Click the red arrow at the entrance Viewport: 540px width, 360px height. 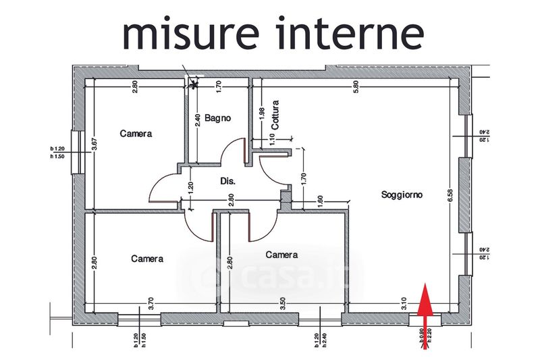[x=425, y=308]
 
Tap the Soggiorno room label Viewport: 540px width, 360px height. [x=402, y=195]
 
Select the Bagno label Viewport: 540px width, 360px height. [x=218, y=118]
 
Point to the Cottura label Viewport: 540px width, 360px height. [x=275, y=115]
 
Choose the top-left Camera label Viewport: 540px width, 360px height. [x=136, y=134]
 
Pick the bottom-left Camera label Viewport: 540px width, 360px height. [x=147, y=259]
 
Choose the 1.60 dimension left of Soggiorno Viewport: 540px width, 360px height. [x=319, y=202]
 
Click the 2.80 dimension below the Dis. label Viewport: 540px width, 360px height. [x=231, y=201]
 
